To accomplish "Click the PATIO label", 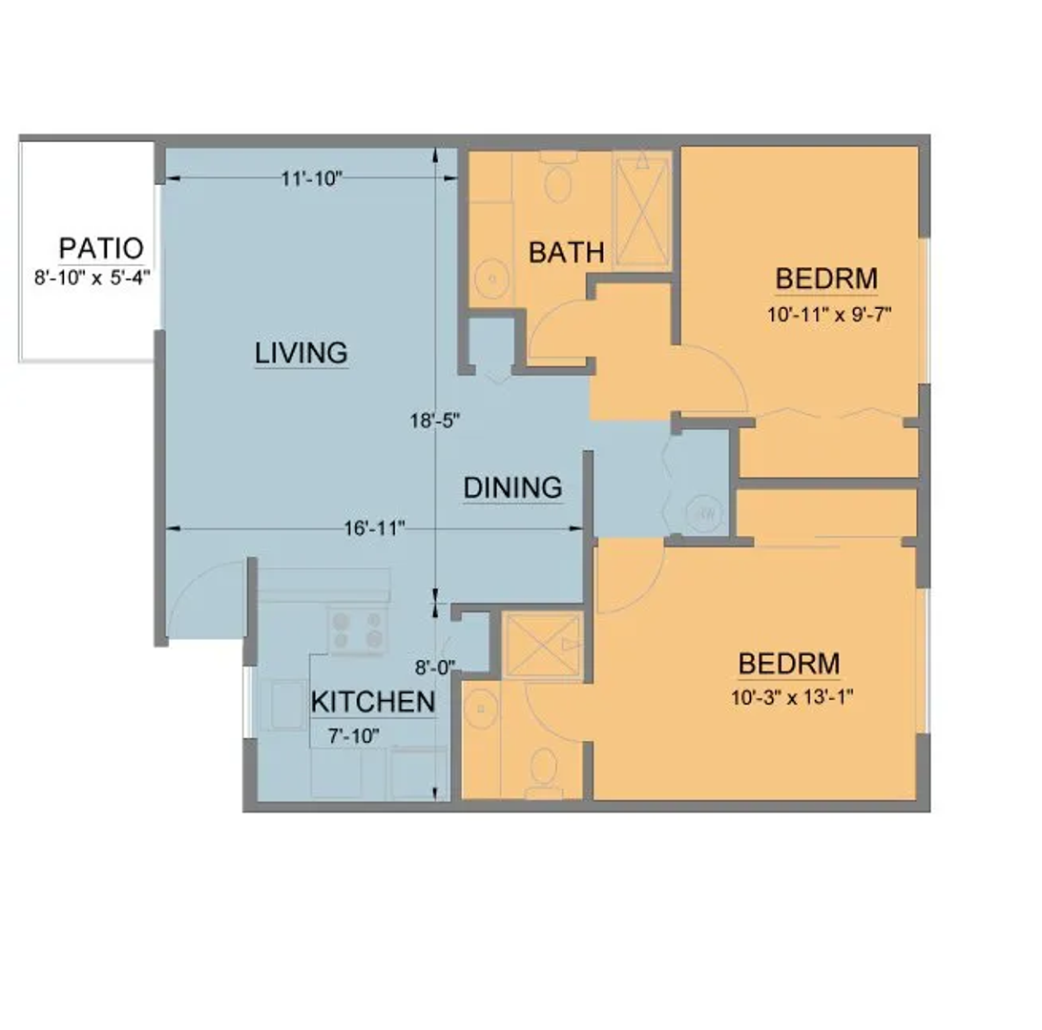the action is (101, 248).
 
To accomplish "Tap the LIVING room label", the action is (301, 353).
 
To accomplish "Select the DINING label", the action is (512, 488).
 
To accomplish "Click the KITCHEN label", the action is (373, 702).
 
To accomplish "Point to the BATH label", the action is (566, 253).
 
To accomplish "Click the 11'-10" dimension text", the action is (311, 178).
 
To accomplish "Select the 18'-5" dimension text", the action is (434, 421).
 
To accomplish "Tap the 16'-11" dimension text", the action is (374, 528).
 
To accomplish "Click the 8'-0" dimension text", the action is (435, 668).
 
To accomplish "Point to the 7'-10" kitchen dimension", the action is (353, 736).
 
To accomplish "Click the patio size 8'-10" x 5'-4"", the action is (93, 277).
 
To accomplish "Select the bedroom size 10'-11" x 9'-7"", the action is (828, 314).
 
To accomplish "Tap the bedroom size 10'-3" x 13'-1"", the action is (791, 697).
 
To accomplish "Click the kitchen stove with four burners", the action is (358, 630).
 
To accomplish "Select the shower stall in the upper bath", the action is (642, 210).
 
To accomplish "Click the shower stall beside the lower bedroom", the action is (542, 645).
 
